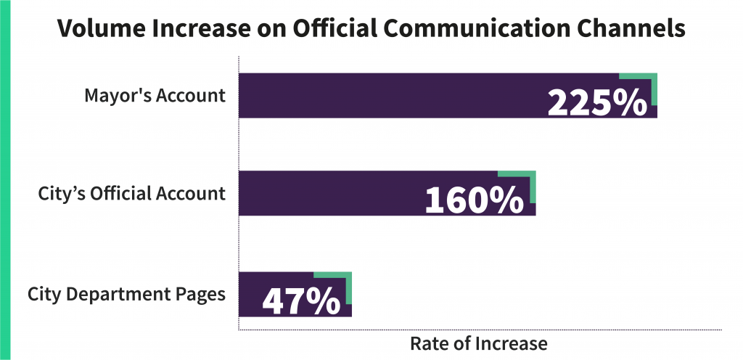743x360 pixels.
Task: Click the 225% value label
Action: (x=596, y=102)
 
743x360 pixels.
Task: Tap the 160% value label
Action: (x=474, y=200)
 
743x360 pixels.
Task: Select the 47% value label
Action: (x=300, y=300)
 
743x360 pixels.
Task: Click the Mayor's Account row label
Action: (x=155, y=96)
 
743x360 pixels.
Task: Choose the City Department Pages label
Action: (x=127, y=294)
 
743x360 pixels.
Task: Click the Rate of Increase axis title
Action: (x=478, y=343)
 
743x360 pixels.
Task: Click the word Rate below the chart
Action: (x=427, y=343)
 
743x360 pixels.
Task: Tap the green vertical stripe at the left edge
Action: (x=4, y=180)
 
